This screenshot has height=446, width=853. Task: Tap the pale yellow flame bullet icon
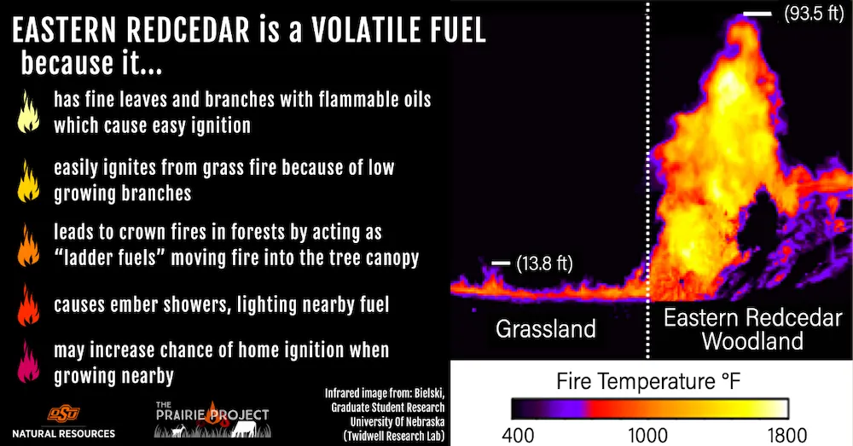pos(29,112)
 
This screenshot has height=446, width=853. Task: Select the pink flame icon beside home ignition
pos(29,361)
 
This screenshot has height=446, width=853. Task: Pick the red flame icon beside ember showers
pos(29,304)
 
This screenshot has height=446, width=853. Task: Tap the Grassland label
pos(547,329)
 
